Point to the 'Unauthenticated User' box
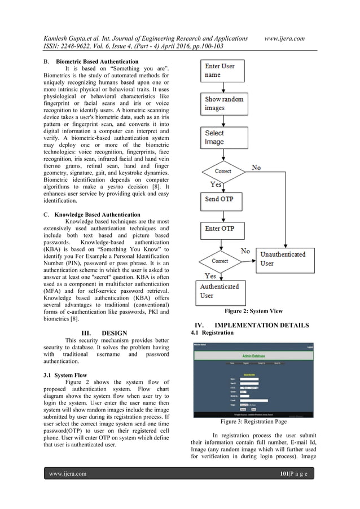pyautogui.click(x=282, y=258)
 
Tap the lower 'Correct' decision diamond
pyautogui.click(x=219, y=261)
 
